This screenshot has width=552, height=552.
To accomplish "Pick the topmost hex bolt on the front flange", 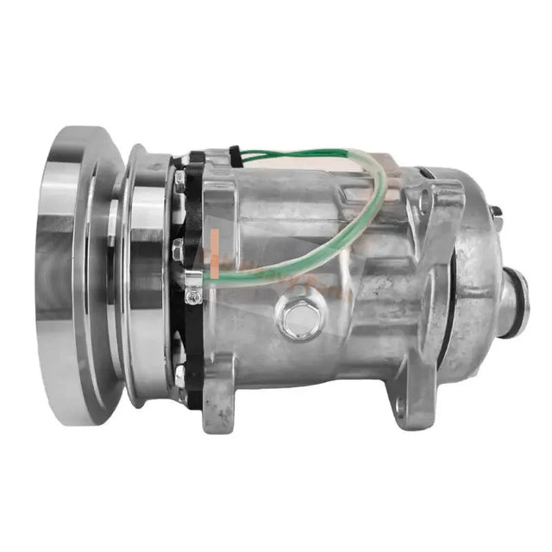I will pos(179,182).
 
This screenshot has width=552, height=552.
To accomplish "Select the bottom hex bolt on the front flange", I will pos(179,374).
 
